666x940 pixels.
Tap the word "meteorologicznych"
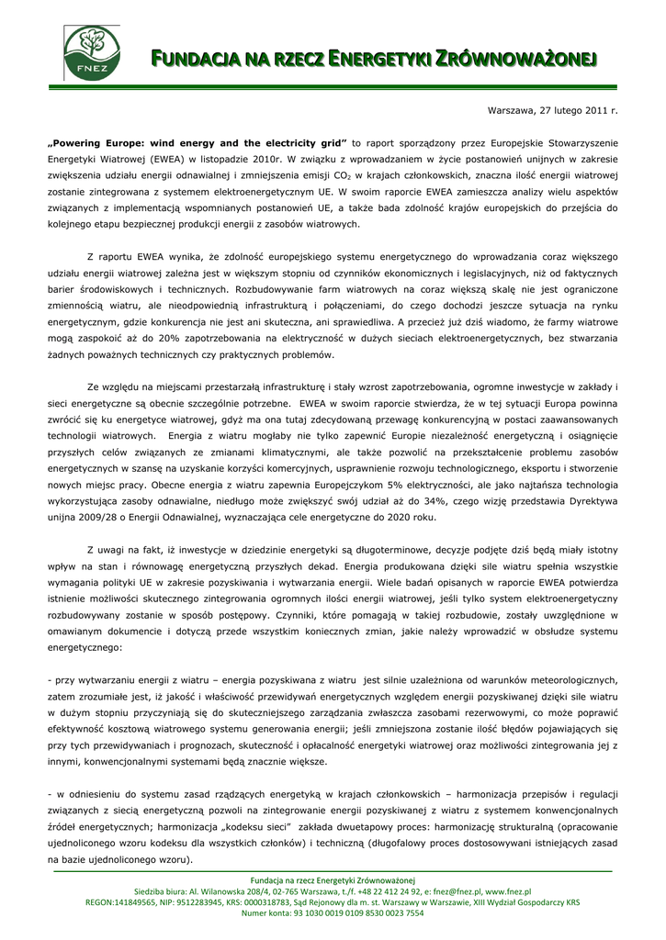tap(562, 679)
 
